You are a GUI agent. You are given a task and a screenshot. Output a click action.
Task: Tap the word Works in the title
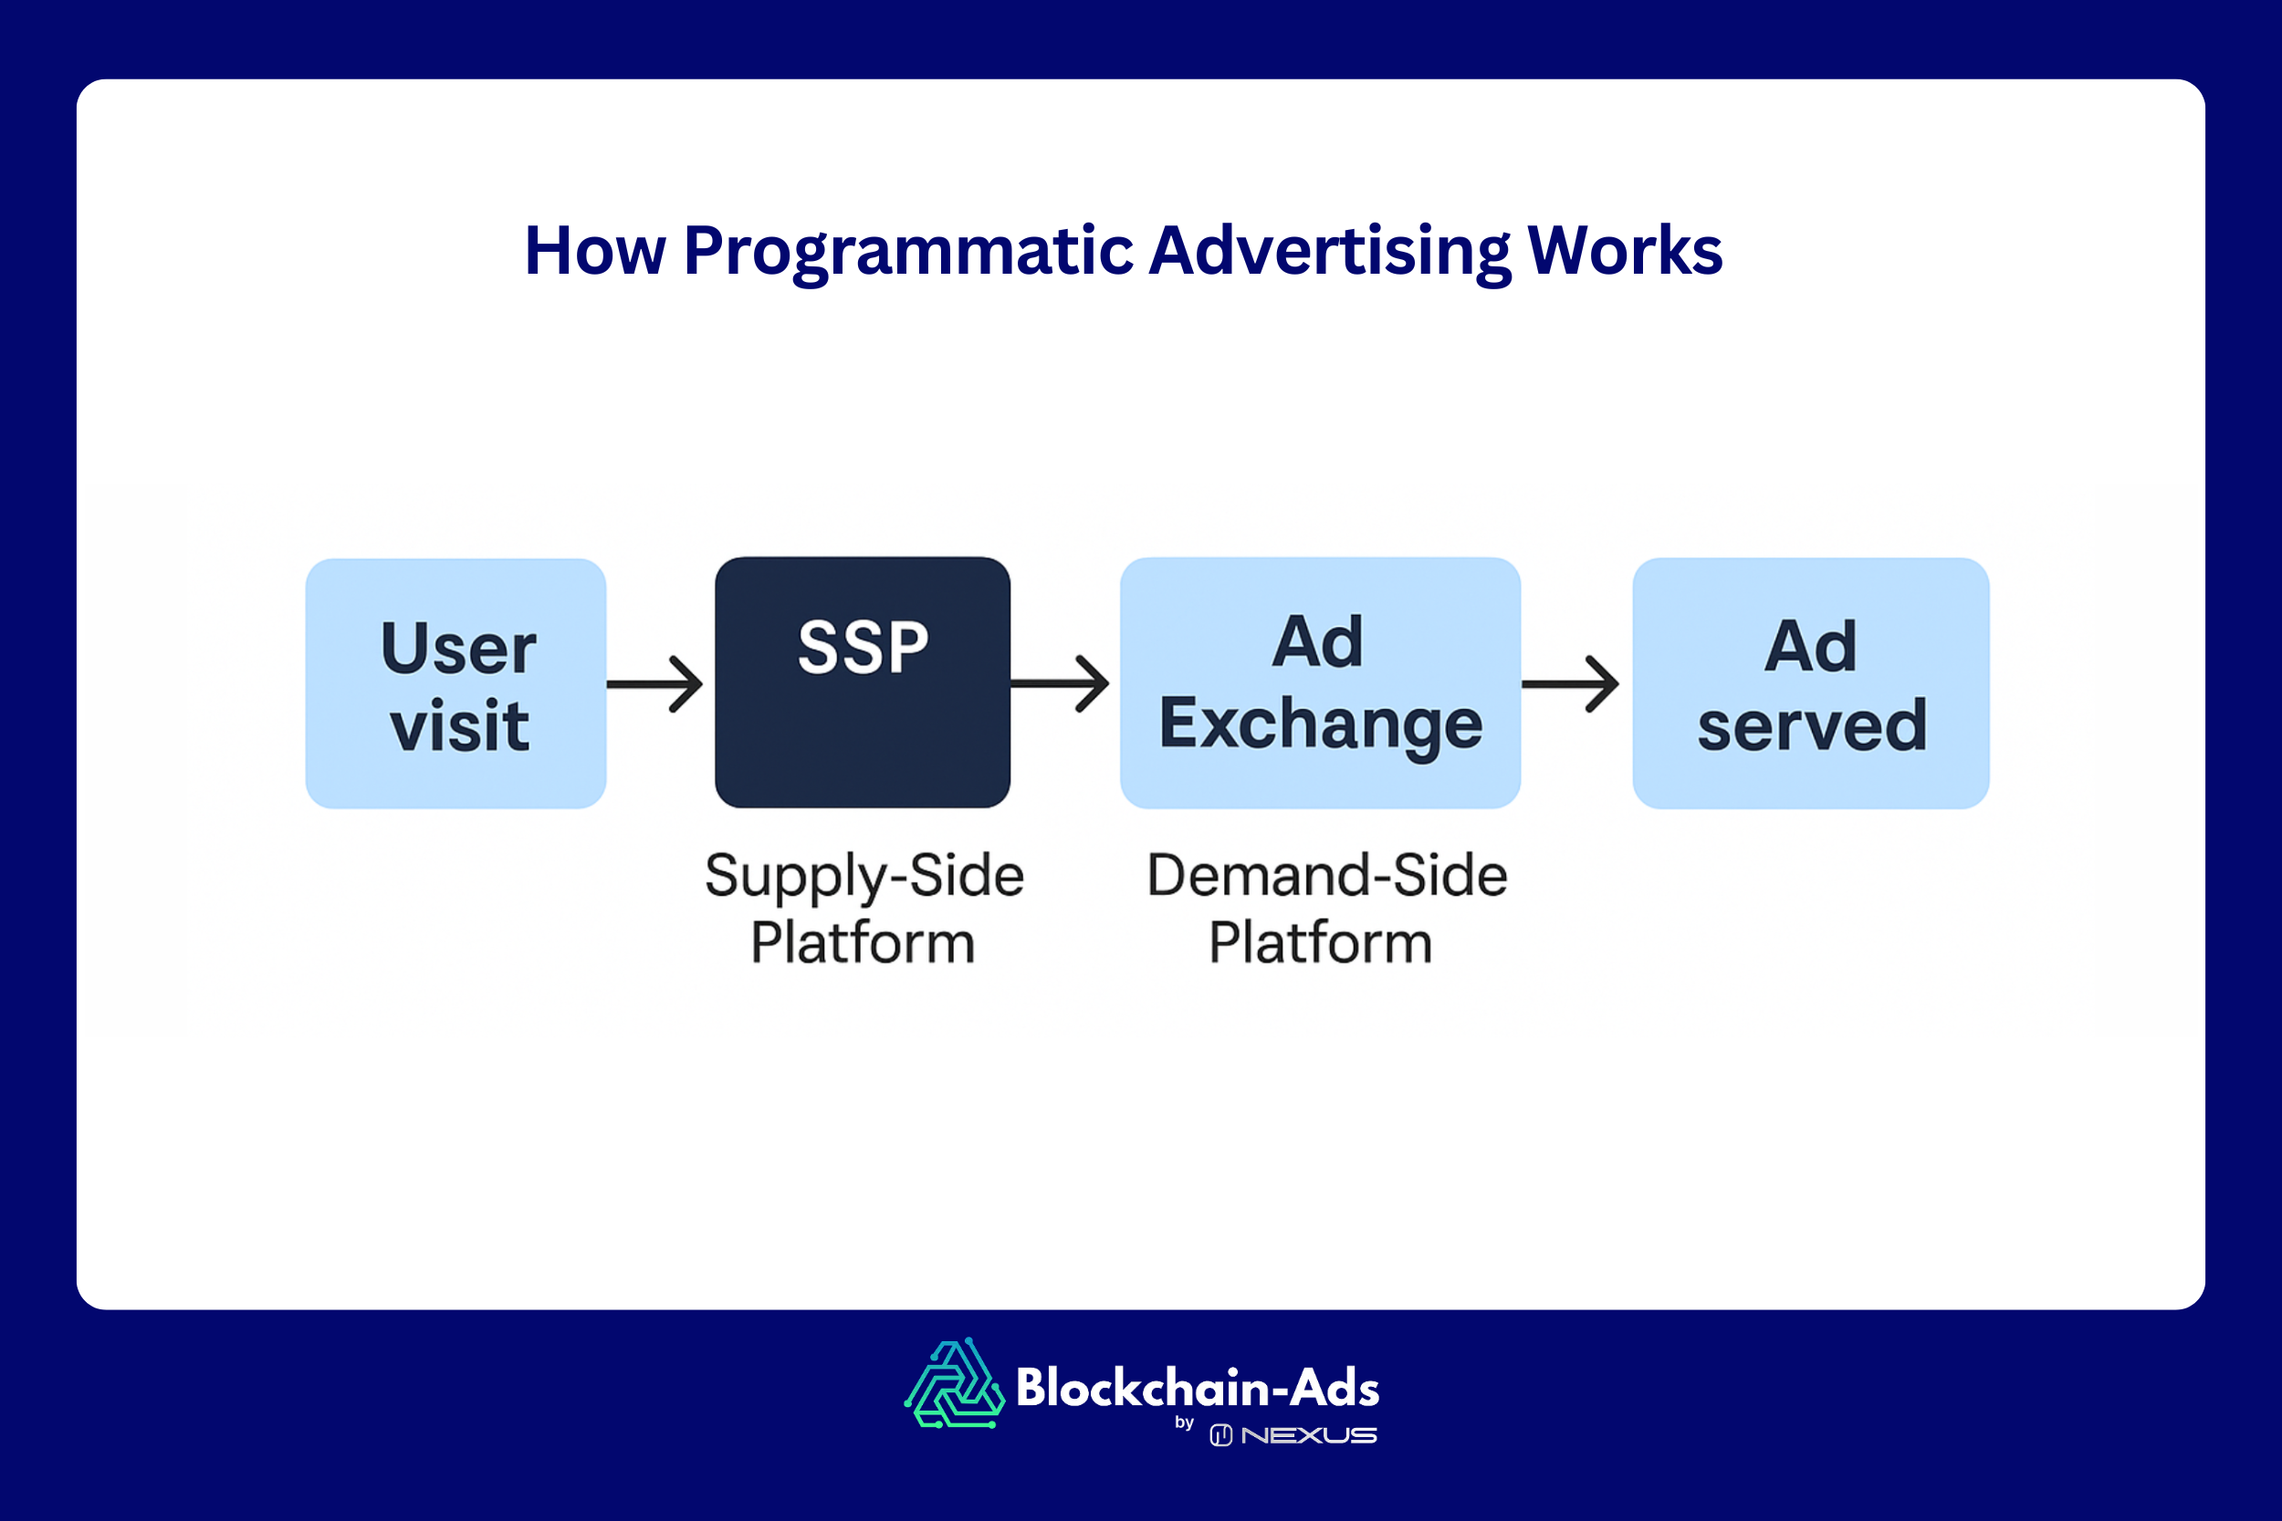pos(1624,250)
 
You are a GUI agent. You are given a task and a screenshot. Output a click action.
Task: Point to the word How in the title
pos(595,250)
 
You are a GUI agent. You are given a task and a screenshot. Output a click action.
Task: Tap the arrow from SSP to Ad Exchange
pos(1061,684)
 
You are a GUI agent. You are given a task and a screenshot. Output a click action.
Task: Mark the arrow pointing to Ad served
pos(1570,684)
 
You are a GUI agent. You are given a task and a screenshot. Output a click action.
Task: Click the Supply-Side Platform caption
pos(864,908)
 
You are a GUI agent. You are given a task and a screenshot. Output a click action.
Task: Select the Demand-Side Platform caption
pos(1325,908)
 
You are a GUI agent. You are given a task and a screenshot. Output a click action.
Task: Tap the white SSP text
pos(863,647)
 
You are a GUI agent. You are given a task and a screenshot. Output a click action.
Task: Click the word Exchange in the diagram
pos(1321,724)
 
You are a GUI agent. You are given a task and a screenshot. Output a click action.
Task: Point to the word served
pos(1811,725)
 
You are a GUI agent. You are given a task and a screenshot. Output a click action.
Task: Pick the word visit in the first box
pos(460,725)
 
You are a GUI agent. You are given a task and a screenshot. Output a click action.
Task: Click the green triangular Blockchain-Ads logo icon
pos(955,1384)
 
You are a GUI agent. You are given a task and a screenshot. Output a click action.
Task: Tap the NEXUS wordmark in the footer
pos(1308,1435)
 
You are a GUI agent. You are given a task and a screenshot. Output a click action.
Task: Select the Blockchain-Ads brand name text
pos(1198,1388)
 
